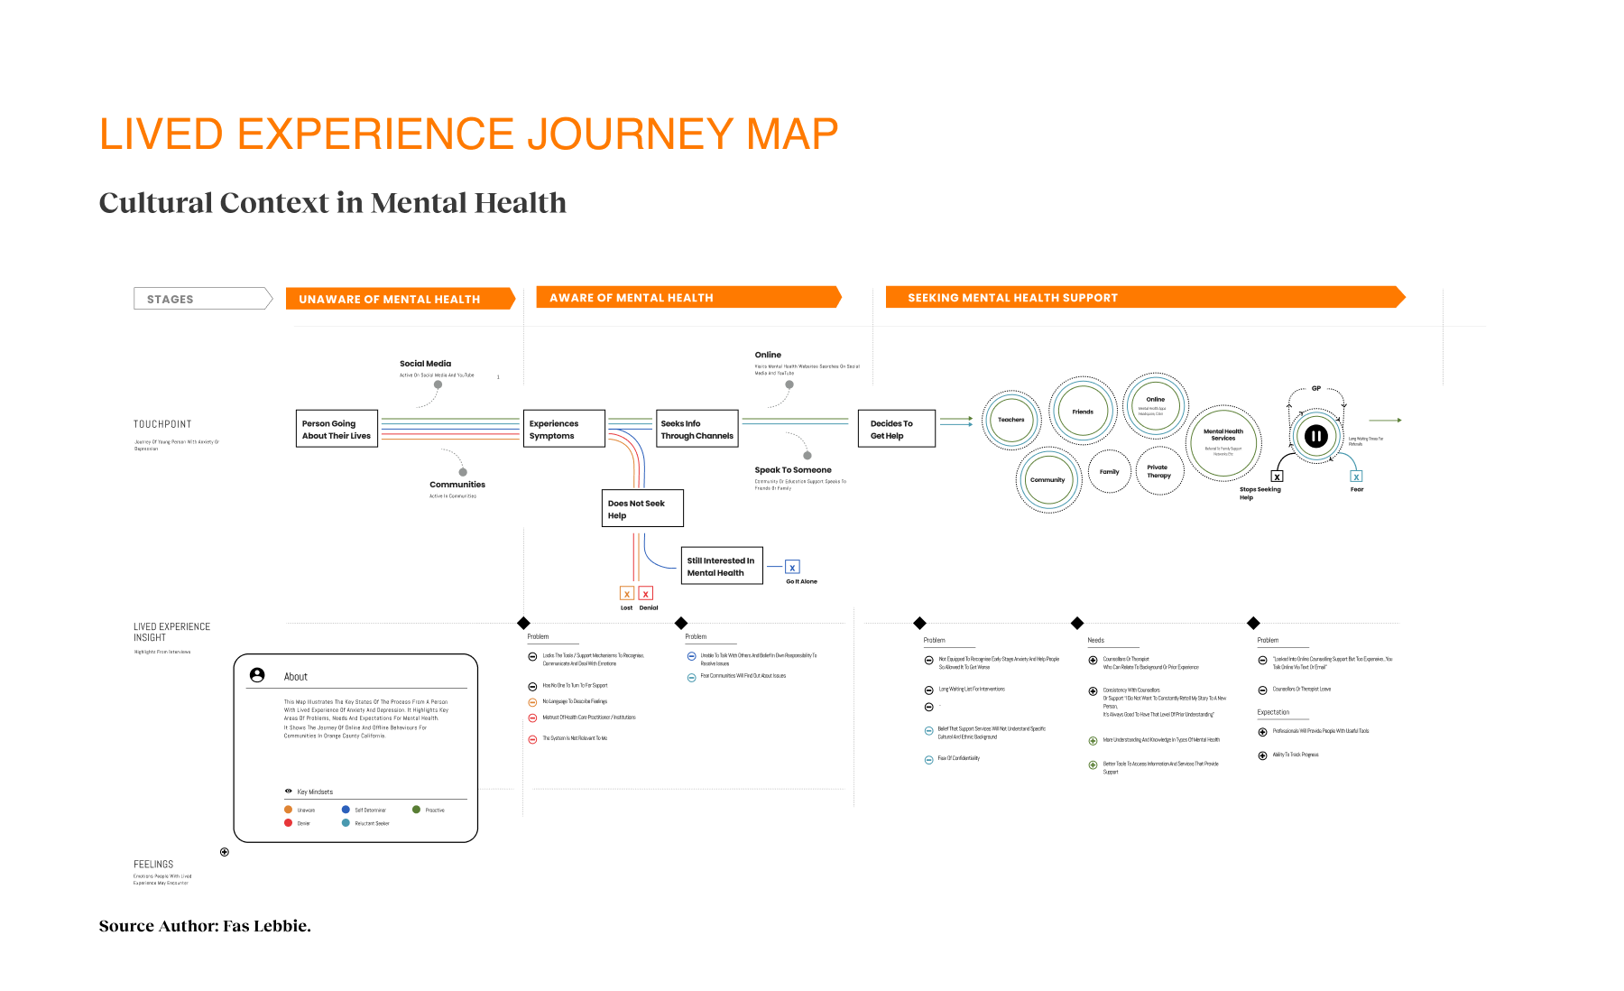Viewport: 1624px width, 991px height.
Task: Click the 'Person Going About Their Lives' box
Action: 337,429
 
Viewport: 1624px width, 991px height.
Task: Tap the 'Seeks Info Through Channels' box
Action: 697,429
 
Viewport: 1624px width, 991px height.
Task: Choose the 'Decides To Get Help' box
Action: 896,429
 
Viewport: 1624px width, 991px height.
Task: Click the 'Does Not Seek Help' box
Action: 642,508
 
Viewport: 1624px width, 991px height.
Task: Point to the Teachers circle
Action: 1011,420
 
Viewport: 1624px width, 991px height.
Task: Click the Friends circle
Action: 1083,412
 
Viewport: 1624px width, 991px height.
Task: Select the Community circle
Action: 1047,480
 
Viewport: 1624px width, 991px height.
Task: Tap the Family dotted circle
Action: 1110,471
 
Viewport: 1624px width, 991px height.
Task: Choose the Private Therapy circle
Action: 1159,471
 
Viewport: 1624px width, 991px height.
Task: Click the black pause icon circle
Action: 1316,437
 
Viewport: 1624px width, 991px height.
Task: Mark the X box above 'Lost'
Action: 627,594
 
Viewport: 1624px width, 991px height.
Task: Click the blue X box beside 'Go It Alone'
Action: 792,567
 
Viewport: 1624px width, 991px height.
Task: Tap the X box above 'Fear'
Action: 1356,477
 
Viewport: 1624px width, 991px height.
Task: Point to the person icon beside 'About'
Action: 257,675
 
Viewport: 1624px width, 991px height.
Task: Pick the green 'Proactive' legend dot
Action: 417,810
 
